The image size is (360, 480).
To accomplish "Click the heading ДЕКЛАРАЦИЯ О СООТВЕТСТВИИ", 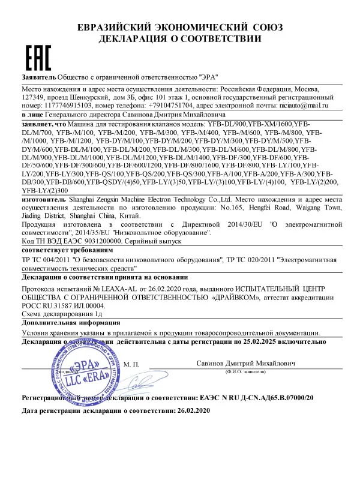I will (x=179, y=38).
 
